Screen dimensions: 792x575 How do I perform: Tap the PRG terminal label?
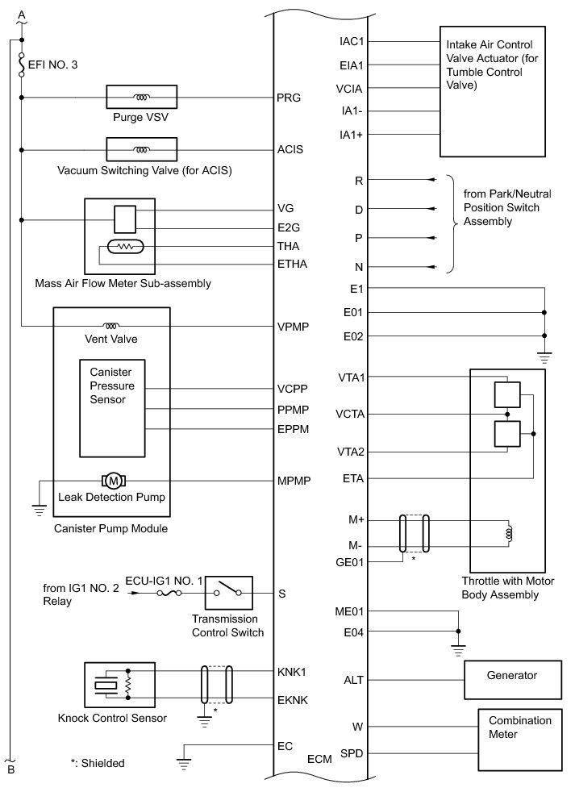click(x=288, y=98)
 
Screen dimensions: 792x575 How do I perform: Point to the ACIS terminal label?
click(x=290, y=150)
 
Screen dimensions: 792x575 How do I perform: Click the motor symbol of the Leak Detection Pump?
click(x=113, y=481)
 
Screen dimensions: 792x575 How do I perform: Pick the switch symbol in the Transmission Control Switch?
click(x=229, y=594)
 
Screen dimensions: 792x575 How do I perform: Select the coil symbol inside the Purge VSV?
click(x=142, y=98)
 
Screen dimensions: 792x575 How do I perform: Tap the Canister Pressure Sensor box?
click(x=112, y=407)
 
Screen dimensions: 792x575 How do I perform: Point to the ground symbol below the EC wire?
click(x=184, y=761)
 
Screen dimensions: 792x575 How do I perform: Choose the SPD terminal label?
click(x=351, y=753)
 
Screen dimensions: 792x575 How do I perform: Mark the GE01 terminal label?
click(x=351, y=561)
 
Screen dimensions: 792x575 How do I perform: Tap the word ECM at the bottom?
click(x=319, y=760)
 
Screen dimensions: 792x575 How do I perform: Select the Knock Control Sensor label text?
click(x=113, y=718)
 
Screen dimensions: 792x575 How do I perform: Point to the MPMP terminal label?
click(x=293, y=481)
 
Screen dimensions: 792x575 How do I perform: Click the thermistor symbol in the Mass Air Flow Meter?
click(x=125, y=246)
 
